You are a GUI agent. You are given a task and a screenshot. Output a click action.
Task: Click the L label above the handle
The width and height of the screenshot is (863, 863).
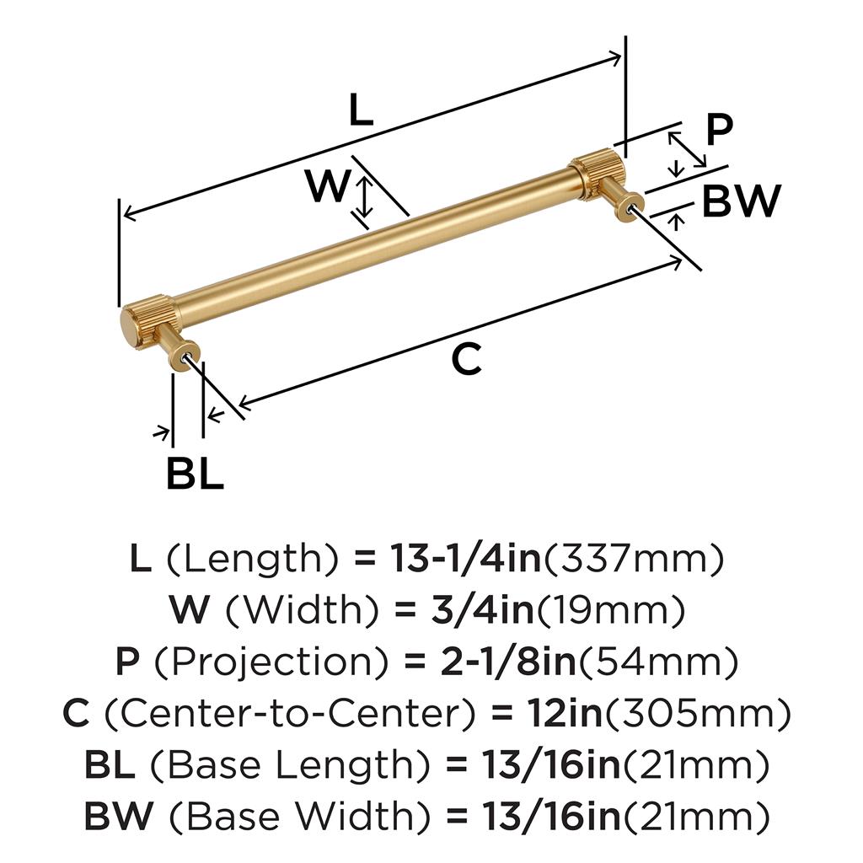point(362,110)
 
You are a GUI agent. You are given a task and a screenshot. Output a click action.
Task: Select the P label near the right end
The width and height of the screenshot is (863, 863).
point(720,130)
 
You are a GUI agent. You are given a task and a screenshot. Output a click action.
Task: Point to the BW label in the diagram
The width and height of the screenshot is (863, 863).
point(742,201)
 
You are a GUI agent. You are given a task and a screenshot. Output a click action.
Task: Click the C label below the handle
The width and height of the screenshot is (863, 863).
point(467,359)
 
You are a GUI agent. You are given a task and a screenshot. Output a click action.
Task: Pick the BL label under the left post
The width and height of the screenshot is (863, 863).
point(195,473)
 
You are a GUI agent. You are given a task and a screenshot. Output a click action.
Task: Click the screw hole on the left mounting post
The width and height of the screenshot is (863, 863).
point(185,357)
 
